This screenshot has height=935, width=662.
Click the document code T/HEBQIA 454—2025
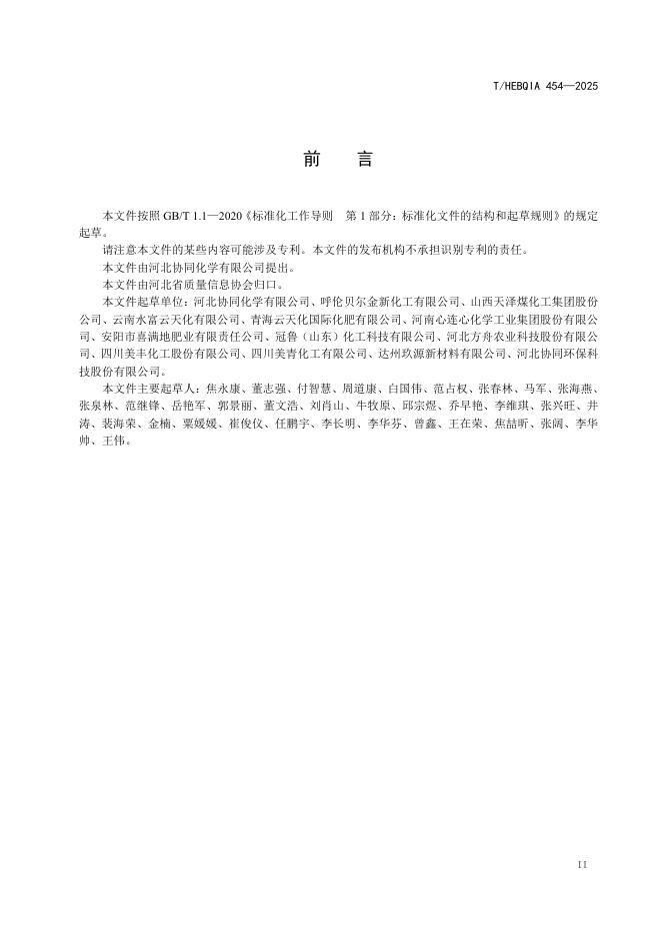click(x=546, y=87)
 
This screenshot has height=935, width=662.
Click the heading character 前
click(x=309, y=159)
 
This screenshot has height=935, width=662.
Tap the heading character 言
click(x=364, y=159)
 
